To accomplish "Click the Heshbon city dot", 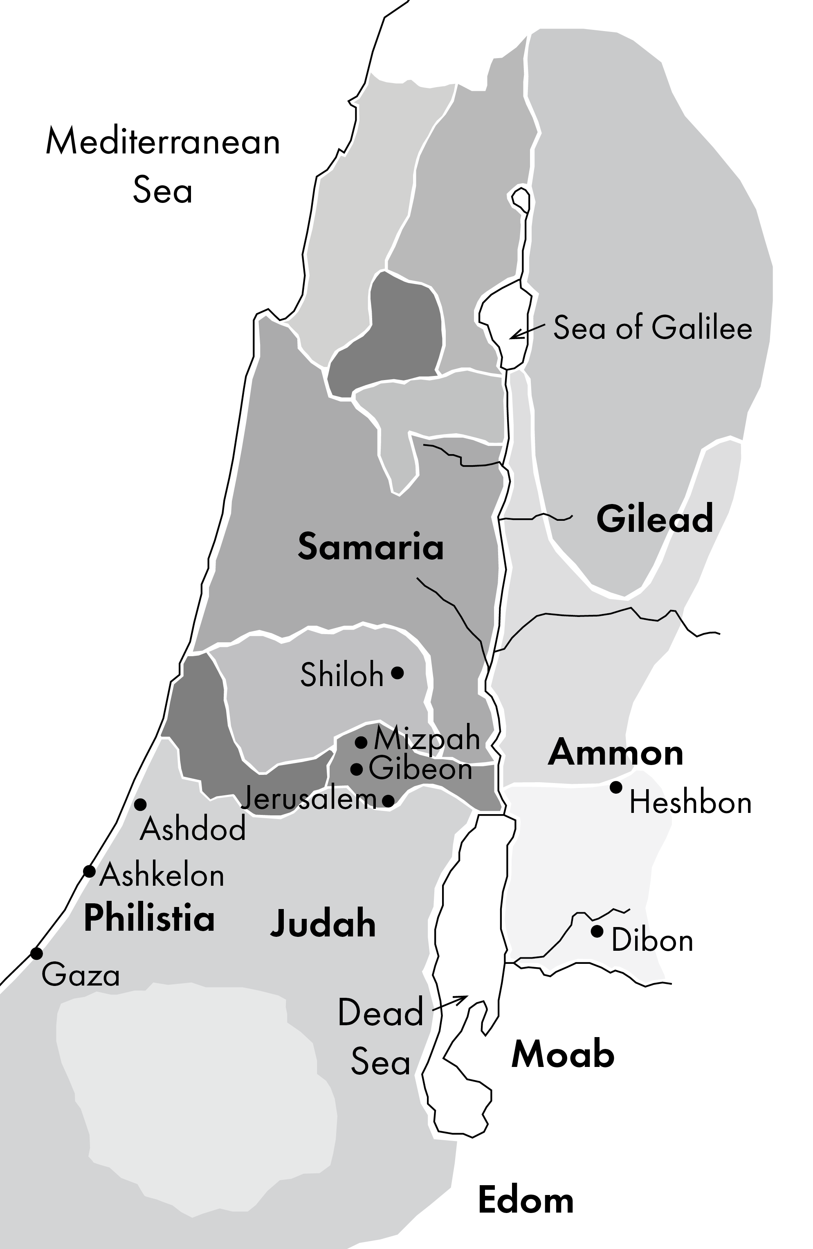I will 616,787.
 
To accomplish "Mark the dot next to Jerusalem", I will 388,800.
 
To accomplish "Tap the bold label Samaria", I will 371,546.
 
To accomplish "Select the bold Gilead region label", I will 655,518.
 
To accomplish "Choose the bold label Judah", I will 323,924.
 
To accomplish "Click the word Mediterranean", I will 163,142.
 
